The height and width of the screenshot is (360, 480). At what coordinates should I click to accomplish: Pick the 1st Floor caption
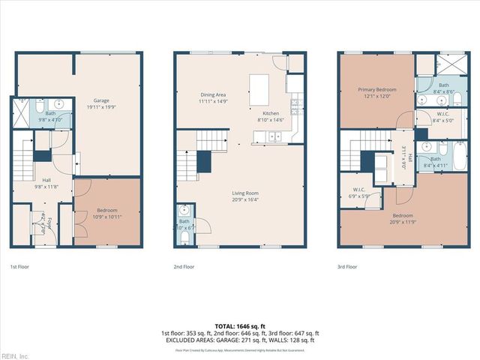19,266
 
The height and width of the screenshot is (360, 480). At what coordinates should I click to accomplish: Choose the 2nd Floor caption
184,266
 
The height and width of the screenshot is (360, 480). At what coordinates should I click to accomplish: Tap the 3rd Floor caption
347,266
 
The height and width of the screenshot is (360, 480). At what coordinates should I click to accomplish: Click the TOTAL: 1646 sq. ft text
239,326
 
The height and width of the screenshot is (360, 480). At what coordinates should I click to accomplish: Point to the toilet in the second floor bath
184,237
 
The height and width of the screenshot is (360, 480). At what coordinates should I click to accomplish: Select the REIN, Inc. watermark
14,355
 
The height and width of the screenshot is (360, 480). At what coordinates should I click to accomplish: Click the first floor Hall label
46,182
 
